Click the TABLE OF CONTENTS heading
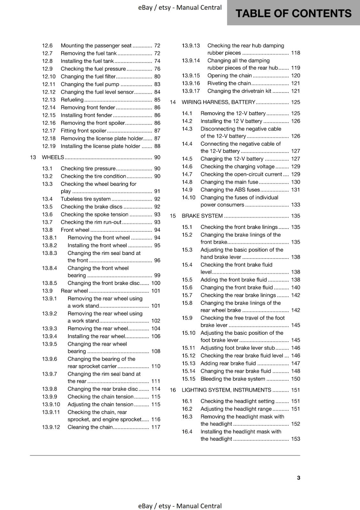(x=293, y=13)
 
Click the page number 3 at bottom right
(x=299, y=477)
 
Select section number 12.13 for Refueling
(x=48, y=100)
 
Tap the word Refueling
(x=72, y=100)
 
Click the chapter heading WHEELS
(x=53, y=157)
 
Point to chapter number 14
(x=173, y=102)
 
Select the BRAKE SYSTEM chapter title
(x=202, y=216)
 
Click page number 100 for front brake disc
(x=156, y=283)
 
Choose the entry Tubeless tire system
(x=86, y=199)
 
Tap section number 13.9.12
(x=51, y=427)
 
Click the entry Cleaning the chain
(x=90, y=427)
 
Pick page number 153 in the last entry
(x=295, y=439)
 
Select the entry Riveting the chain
(x=229, y=83)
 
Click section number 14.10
(x=188, y=198)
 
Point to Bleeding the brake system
(x=233, y=379)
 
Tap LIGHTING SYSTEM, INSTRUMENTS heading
(x=226, y=390)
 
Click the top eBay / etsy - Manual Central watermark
(x=180, y=7)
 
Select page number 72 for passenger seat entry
(x=157, y=46)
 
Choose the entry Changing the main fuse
(x=229, y=182)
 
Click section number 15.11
(x=188, y=348)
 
